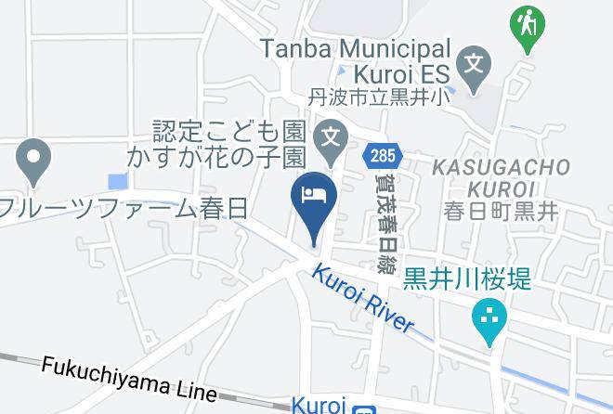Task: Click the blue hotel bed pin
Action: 313,198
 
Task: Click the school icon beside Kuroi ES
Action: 475,66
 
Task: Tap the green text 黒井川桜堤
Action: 468,277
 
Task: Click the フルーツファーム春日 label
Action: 124,208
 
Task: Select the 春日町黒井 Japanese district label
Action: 501,211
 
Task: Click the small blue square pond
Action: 118,182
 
